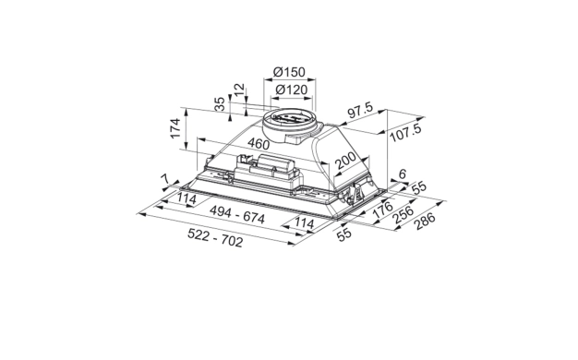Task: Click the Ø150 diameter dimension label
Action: pyautogui.click(x=289, y=72)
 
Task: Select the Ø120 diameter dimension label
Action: pyautogui.click(x=291, y=90)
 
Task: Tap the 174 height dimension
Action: pyautogui.click(x=175, y=128)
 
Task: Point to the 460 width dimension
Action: pyautogui.click(x=259, y=143)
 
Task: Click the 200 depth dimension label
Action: pyautogui.click(x=345, y=161)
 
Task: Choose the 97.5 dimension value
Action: pyautogui.click(x=360, y=111)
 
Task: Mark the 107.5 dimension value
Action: pyautogui.click(x=405, y=133)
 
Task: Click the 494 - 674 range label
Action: pyautogui.click(x=237, y=215)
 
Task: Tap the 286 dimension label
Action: pyautogui.click(x=425, y=221)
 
